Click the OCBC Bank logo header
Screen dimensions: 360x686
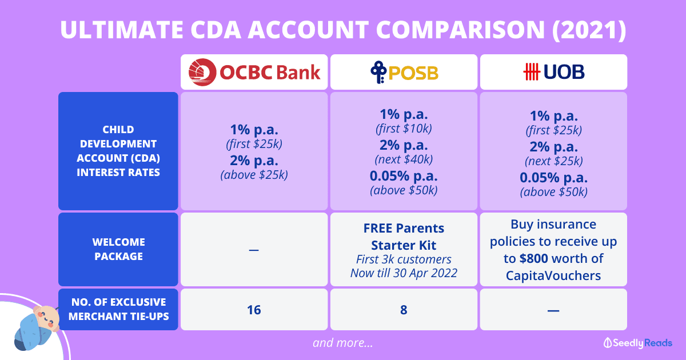click(x=254, y=72)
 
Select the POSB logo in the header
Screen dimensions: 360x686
click(x=404, y=72)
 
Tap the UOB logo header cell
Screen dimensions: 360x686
click(x=553, y=72)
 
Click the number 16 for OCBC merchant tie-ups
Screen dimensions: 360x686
click(x=254, y=310)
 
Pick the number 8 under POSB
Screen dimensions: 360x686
click(x=404, y=310)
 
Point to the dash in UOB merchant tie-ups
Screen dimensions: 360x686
click(x=553, y=310)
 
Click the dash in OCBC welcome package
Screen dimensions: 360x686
click(x=254, y=250)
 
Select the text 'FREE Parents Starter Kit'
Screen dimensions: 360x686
click(x=404, y=237)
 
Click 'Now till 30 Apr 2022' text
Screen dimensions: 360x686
click(x=404, y=273)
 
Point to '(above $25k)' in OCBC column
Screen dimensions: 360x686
click(x=254, y=175)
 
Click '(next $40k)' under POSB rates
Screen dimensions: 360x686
click(x=404, y=159)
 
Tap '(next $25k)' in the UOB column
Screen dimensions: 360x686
click(x=553, y=161)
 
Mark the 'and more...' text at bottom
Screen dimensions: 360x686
click(x=343, y=343)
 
